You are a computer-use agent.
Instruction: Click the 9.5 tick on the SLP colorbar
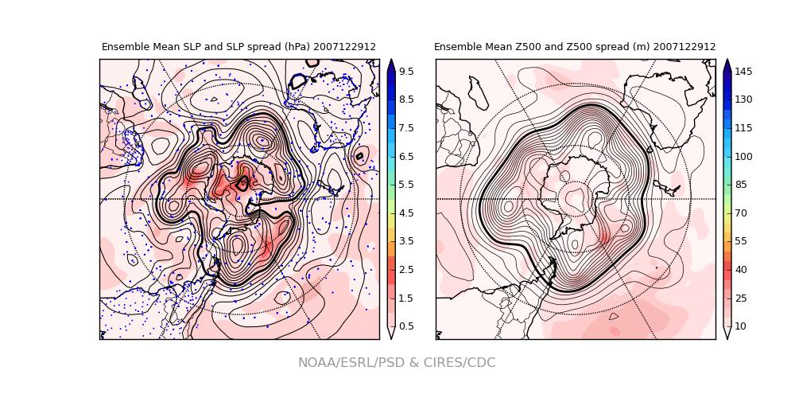(x=405, y=72)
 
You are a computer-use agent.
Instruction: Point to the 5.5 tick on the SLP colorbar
(x=405, y=185)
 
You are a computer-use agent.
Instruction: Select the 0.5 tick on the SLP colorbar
(x=405, y=326)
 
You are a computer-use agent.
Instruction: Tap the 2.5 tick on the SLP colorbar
(x=405, y=270)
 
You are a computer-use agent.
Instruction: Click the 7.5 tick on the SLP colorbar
(x=405, y=128)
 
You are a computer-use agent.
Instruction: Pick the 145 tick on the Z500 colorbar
(x=743, y=72)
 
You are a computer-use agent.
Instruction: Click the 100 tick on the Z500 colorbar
(x=743, y=157)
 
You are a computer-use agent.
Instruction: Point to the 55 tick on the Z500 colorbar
(x=743, y=241)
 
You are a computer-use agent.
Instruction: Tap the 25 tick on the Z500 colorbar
(x=743, y=298)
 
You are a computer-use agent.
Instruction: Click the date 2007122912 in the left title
(x=344, y=47)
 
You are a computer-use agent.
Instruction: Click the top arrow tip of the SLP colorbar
(x=391, y=60)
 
